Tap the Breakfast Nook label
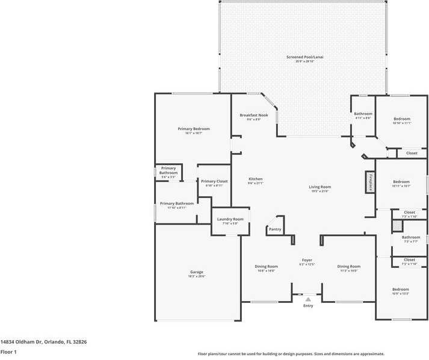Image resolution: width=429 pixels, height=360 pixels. tap(250, 115)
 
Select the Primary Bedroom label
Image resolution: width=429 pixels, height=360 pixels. tap(193, 129)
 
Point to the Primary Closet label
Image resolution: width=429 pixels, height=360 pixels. tap(214, 181)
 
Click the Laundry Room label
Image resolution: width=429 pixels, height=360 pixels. tap(230, 219)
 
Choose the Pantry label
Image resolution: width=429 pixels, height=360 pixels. tap(275, 229)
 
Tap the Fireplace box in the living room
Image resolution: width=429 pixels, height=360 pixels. tap(370, 183)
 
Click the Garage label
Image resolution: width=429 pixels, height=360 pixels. tap(197, 272)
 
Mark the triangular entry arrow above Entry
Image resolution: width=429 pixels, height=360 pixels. tap(308, 299)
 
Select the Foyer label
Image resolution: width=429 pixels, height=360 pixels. tap(307, 260)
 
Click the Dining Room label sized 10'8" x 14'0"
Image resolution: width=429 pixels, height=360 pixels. tap(266, 266)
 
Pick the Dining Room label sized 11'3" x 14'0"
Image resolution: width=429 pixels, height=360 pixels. tap(348, 266)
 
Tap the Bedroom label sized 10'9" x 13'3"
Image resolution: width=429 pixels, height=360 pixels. tap(401, 290)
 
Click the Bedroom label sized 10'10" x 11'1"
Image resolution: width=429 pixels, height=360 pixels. tap(401, 119)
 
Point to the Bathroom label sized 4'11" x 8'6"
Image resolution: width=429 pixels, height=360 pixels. tap(363, 114)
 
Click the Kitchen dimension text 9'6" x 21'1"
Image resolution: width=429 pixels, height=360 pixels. tap(256, 184)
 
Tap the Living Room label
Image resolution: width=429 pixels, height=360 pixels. tap(320, 187)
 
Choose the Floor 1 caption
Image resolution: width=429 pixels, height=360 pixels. tap(8, 352)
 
